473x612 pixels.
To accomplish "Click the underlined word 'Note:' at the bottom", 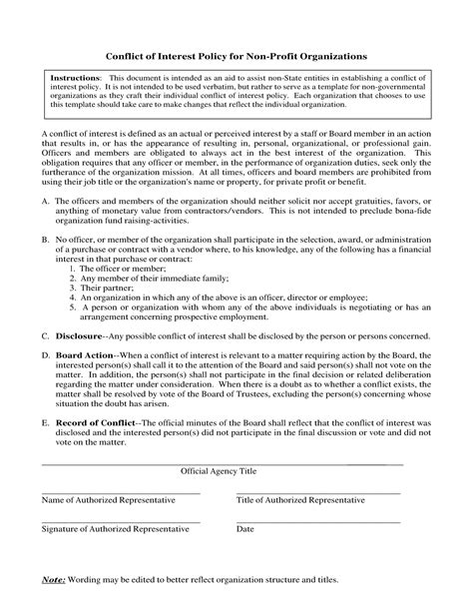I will (53, 579).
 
